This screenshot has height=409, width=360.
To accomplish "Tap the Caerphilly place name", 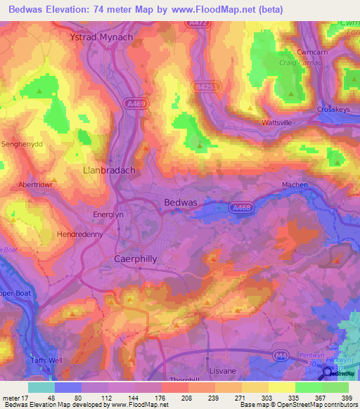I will click(135, 259).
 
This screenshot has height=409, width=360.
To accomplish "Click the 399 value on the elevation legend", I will click(345, 398).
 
